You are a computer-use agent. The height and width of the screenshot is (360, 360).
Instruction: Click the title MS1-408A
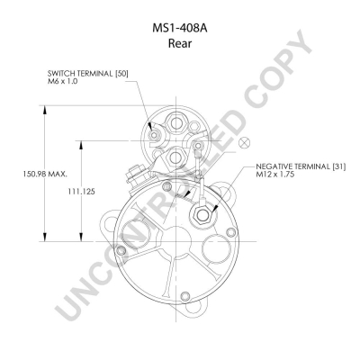[180, 28]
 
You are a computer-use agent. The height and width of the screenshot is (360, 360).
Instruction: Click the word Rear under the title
[180, 43]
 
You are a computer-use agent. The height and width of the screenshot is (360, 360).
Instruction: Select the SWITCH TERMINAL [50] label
[88, 74]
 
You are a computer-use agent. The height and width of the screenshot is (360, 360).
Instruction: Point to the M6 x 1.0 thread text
[63, 81]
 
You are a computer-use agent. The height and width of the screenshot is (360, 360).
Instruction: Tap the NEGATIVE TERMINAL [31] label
[301, 166]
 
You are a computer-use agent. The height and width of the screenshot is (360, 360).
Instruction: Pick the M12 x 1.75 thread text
[274, 174]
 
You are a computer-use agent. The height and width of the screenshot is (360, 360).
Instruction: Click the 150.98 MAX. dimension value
[45, 174]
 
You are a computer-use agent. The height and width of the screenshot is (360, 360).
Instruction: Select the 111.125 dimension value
[81, 192]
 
